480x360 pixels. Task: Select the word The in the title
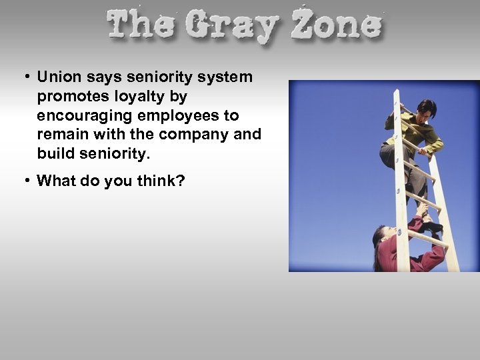coord(141,26)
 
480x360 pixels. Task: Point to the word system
coord(229,77)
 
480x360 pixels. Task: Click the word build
coord(55,153)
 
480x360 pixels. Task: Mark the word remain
coord(61,134)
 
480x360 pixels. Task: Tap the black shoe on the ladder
coord(433,227)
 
